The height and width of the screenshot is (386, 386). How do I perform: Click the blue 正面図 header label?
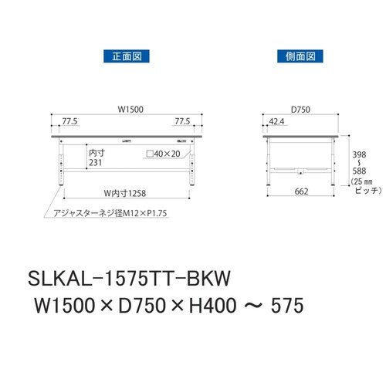pyautogui.click(x=124, y=56)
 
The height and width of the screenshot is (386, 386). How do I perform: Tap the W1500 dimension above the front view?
pyautogui.click(x=127, y=110)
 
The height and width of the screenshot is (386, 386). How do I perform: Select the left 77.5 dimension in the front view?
pyautogui.click(x=71, y=122)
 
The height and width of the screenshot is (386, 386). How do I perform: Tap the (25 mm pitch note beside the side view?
pyautogui.click(x=361, y=182)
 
